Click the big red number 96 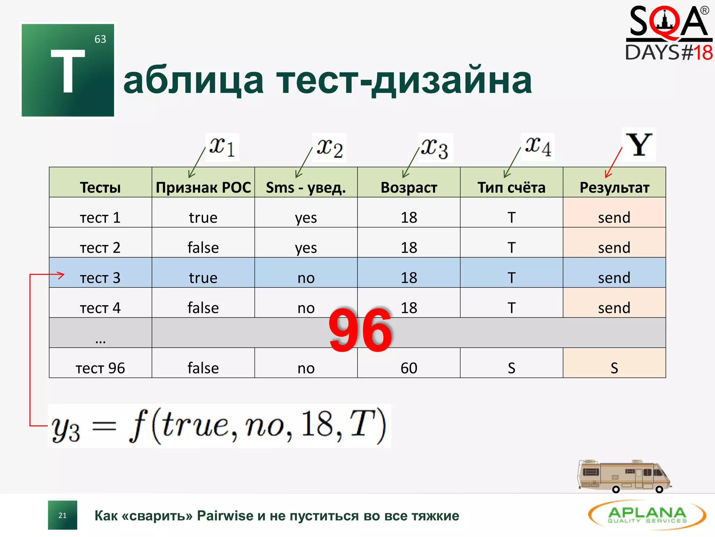coord(360,331)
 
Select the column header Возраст coord(408,188)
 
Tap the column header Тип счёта coord(511,188)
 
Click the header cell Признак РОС coord(203,188)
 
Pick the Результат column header coord(614,188)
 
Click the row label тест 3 coord(100,278)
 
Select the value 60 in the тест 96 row coord(408,368)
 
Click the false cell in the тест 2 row coord(203,248)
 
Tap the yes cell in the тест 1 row coord(306,218)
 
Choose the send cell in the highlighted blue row coord(614,278)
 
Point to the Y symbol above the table coord(639,145)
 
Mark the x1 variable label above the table coord(222,147)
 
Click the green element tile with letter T coord(68,70)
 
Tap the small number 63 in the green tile coord(100,39)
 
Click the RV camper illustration coord(624,476)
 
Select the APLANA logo coord(647,515)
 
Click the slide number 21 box coord(62,515)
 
